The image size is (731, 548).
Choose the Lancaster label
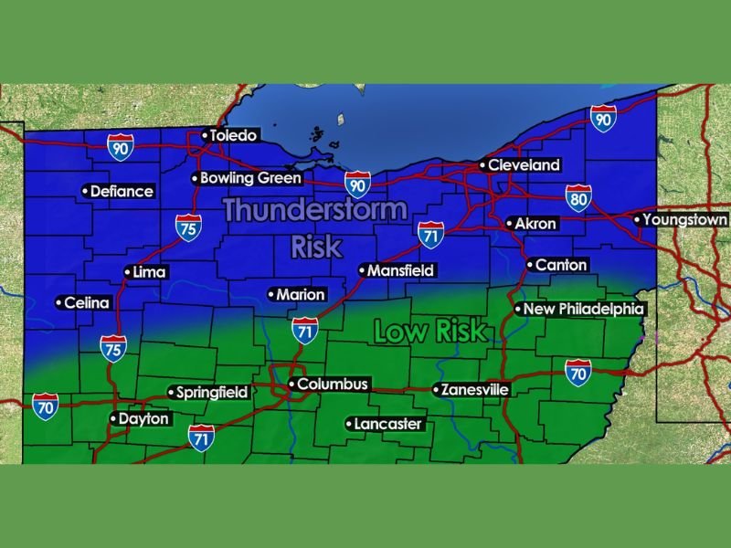384,424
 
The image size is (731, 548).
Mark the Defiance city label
118,192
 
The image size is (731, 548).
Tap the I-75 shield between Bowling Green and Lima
187,228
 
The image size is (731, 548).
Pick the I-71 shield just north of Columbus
306,331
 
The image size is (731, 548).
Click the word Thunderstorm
314,210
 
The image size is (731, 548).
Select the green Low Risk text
430,332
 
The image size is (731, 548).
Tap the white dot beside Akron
510,224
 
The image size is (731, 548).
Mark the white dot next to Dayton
113,419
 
